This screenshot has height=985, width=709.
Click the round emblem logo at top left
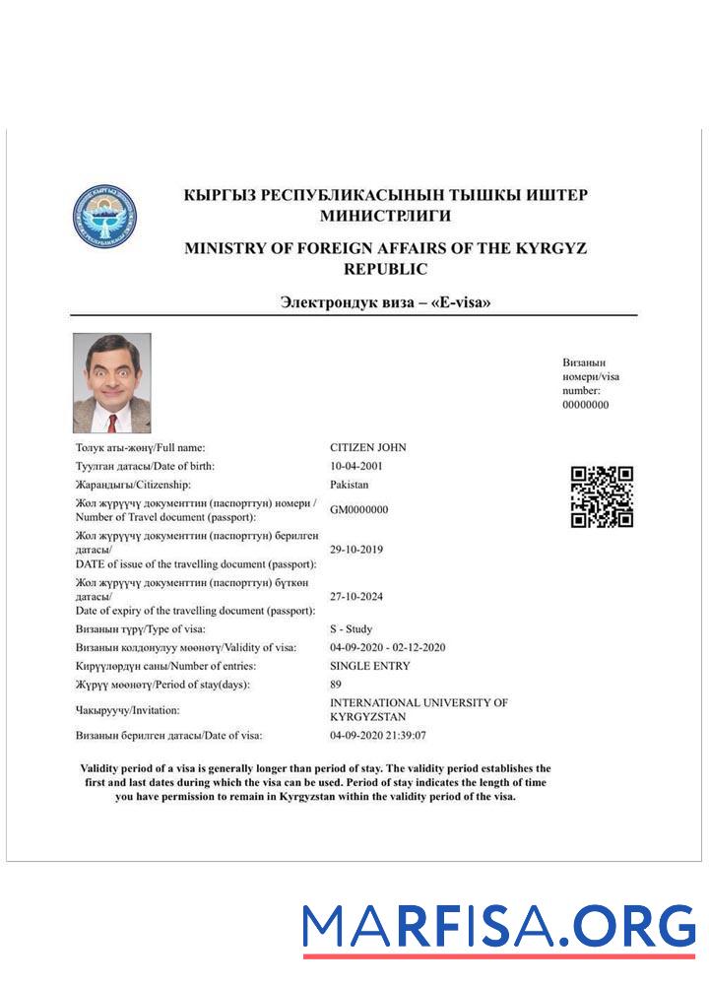[x=104, y=216]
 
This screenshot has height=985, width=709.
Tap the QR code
[x=602, y=496]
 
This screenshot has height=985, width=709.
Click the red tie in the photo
[x=112, y=424]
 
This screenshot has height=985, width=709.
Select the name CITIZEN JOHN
[x=367, y=447]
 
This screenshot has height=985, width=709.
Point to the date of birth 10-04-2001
[x=356, y=466]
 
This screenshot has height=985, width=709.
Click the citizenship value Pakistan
[x=350, y=485]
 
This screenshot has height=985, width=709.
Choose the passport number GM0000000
[x=358, y=509]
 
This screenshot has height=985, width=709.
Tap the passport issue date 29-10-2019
[x=356, y=550]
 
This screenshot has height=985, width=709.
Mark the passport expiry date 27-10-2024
[x=356, y=596]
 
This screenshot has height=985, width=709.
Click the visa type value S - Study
[x=351, y=628]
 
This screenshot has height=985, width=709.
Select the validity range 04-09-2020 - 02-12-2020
[x=388, y=647]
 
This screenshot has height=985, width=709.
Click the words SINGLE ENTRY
[x=369, y=666]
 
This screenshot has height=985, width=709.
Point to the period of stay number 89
[x=336, y=685]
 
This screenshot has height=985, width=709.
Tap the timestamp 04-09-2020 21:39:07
[x=378, y=735]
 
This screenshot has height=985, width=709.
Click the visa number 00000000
[x=585, y=405]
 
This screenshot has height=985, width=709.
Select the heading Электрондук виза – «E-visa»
[x=386, y=302]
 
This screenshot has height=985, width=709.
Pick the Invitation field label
[x=114, y=710]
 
